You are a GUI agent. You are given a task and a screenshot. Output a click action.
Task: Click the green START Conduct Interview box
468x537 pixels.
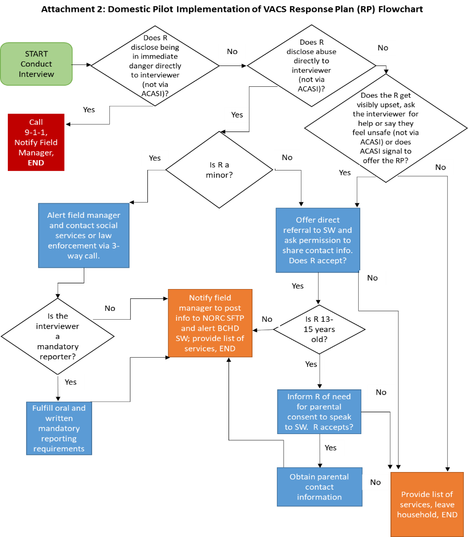[36, 64]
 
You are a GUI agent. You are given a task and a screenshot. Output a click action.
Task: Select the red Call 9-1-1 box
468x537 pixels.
[36, 142]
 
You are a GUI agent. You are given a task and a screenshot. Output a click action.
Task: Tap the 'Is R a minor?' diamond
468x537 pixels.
[219, 170]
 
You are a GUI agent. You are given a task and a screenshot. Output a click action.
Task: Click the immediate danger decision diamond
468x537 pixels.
[155, 66]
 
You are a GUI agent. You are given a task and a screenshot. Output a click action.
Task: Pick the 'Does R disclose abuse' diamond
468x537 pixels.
[311, 66]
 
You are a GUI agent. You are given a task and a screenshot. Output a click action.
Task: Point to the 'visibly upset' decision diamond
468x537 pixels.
[385, 128]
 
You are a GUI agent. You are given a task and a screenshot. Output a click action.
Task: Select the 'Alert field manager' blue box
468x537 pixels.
[84, 235]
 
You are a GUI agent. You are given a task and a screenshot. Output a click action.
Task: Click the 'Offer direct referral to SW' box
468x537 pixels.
[318, 240]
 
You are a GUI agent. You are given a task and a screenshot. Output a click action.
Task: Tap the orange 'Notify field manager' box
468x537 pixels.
[210, 323]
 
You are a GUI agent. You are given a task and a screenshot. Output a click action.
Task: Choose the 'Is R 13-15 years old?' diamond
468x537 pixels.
[319, 330]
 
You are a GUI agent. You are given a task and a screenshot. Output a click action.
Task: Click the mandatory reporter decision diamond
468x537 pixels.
[57, 336]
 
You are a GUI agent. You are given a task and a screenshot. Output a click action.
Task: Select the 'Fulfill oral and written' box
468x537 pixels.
[59, 428]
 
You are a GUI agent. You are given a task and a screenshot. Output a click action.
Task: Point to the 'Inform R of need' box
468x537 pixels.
[319, 412]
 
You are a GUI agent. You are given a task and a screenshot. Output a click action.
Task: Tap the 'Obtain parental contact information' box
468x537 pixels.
[319, 487]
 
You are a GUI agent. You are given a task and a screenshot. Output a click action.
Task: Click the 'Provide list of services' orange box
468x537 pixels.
[427, 504]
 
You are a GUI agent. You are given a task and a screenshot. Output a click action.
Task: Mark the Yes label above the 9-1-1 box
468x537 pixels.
[89, 110]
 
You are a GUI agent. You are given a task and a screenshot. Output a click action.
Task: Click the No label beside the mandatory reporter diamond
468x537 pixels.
[110, 308]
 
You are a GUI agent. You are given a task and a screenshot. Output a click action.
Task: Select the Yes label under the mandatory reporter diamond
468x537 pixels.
[71, 382]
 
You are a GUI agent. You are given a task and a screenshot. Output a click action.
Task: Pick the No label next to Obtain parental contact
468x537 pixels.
[375, 482]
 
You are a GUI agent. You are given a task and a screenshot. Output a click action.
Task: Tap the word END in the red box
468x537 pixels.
[36, 163]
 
